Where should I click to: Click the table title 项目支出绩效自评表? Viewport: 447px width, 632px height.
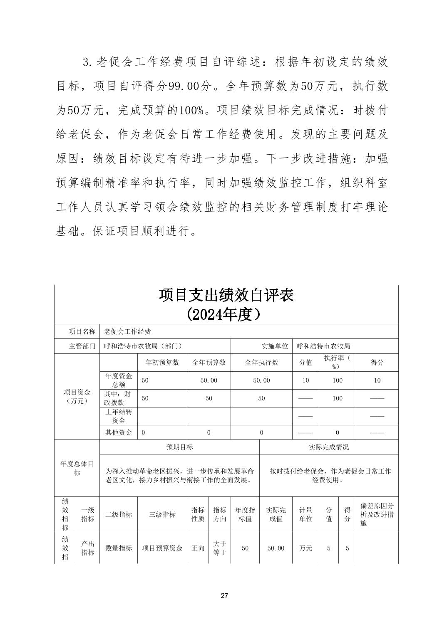pyautogui.click(x=226, y=295)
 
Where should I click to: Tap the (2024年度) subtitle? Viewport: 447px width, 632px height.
pyautogui.click(x=226, y=314)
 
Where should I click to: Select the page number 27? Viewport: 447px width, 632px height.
pyautogui.click(x=224, y=595)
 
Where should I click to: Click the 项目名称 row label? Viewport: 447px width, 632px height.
pyautogui.click(x=82, y=331)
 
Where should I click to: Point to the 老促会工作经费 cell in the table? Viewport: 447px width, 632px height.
pyautogui.click(x=127, y=331)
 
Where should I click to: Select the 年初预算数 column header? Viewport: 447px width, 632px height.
pyautogui.click(x=162, y=362)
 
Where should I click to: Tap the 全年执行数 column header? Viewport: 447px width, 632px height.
pyautogui.click(x=261, y=362)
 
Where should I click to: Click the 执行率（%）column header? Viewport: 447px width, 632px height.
pyautogui.click(x=338, y=362)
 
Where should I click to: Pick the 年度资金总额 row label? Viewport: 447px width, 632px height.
pyautogui.click(x=119, y=380)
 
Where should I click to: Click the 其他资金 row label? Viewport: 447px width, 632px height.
pyautogui.click(x=119, y=432)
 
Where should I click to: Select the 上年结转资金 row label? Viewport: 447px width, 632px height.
pyautogui.click(x=119, y=416)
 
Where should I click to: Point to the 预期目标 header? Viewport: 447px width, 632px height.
pyautogui.click(x=179, y=447)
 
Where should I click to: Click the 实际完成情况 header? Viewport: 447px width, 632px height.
pyautogui.click(x=329, y=447)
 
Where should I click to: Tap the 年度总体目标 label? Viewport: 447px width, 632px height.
pyautogui.click(x=77, y=468)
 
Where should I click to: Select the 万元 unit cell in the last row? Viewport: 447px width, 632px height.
pyautogui.click(x=305, y=548)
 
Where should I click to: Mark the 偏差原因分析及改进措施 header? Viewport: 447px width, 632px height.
pyautogui.click(x=377, y=514)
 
